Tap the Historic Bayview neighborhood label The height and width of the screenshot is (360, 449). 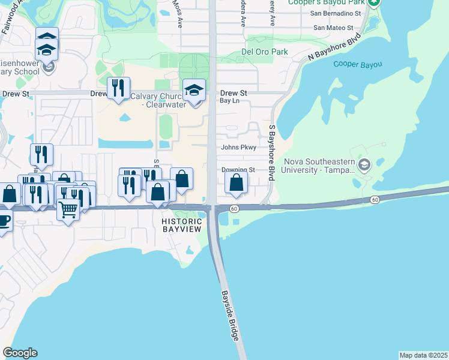point(181,225)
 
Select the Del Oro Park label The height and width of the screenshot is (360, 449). point(265,52)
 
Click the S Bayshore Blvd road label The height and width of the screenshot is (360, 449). point(271,153)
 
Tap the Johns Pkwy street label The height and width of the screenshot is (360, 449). point(238,148)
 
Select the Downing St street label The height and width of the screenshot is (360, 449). point(238,170)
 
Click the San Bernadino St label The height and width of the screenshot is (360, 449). point(336,13)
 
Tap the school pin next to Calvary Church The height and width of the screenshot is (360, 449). point(194,91)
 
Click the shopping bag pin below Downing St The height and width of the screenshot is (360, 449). point(237,183)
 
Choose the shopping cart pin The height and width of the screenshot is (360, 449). point(68,210)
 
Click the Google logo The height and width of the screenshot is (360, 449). point(20,353)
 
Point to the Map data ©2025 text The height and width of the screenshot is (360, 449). point(423,355)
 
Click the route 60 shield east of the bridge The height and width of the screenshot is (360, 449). point(375,199)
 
